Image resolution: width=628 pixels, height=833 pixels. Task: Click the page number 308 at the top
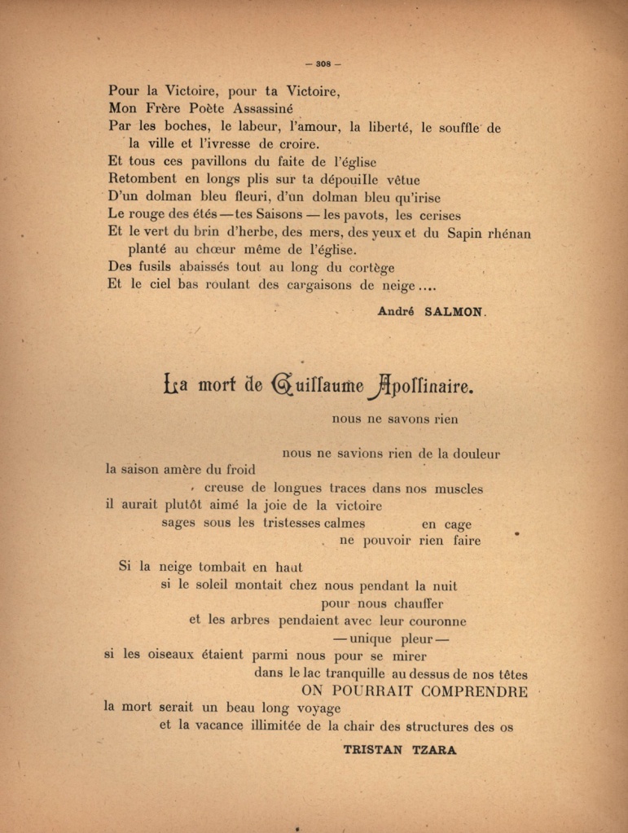322,64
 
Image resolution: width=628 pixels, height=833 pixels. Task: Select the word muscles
459,489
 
